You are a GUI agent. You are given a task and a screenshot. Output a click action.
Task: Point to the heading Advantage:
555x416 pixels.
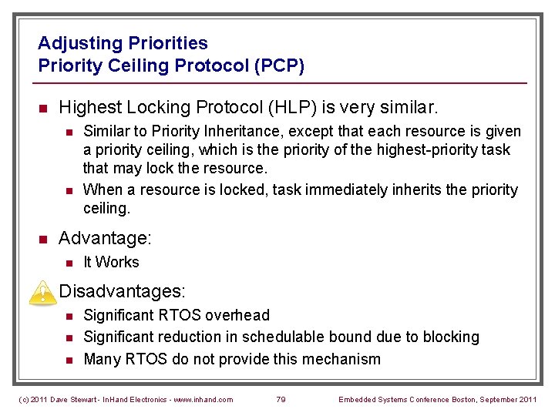pyautogui.click(x=105, y=237)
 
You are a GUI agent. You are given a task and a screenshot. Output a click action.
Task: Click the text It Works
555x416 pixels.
pyautogui.click(x=111, y=263)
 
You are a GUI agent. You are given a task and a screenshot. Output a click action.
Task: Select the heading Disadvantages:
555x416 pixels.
pyautogui.click(x=122, y=291)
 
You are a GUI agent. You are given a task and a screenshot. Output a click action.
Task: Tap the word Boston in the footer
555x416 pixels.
pyautogui.click(x=465, y=399)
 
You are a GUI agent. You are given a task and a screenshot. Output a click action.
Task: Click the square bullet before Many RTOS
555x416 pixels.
pyautogui.click(x=68, y=360)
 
